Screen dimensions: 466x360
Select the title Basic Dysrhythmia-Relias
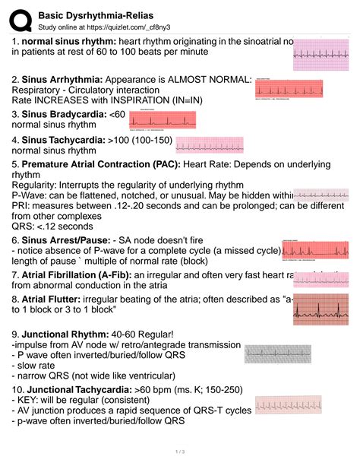tap(87, 11)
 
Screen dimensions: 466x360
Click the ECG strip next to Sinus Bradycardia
tap(165, 119)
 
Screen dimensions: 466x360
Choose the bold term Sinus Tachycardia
tap(65, 141)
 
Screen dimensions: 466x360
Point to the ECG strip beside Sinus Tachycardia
tap(205, 144)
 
